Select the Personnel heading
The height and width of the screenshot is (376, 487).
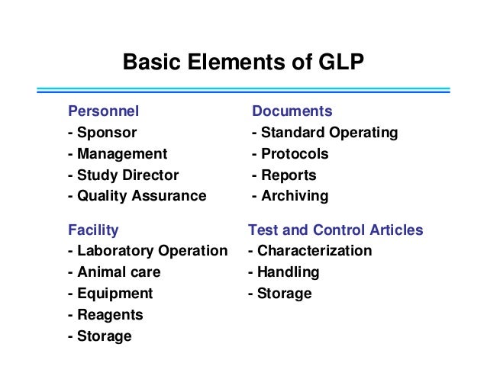point(104,111)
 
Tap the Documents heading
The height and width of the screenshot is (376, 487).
point(292,111)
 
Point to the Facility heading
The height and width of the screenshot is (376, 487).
point(93,230)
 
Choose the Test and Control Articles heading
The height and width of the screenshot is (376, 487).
point(336,230)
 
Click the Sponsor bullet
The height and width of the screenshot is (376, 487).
point(102,133)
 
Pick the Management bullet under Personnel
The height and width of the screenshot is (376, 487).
point(118,154)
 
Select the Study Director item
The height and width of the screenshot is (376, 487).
point(123,175)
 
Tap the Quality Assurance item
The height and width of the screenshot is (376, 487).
point(137,196)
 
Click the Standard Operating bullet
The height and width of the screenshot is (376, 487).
point(325,133)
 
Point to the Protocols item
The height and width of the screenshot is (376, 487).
point(290,154)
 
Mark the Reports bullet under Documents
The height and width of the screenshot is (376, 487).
point(284,175)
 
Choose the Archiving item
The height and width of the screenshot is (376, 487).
point(290,196)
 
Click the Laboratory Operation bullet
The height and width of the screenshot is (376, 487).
point(147,251)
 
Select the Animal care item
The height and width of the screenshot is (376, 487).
point(114,272)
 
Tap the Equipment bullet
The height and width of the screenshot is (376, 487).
point(110,294)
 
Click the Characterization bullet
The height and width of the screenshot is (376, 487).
point(310,251)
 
